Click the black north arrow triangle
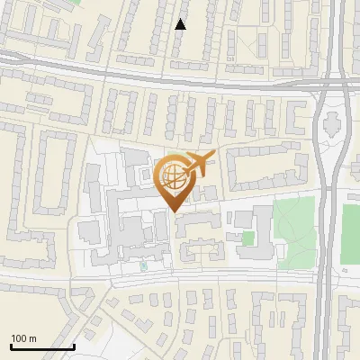pyautogui.click(x=180, y=24)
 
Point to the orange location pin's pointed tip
pyautogui.click(x=174, y=211)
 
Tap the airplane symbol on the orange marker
pyautogui.click(x=199, y=165)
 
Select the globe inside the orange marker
pyautogui.click(x=174, y=176)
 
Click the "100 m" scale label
pyautogui.click(x=23, y=338)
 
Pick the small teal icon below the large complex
pyautogui.click(x=143, y=266)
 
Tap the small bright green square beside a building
pyautogui.click(x=247, y=238)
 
